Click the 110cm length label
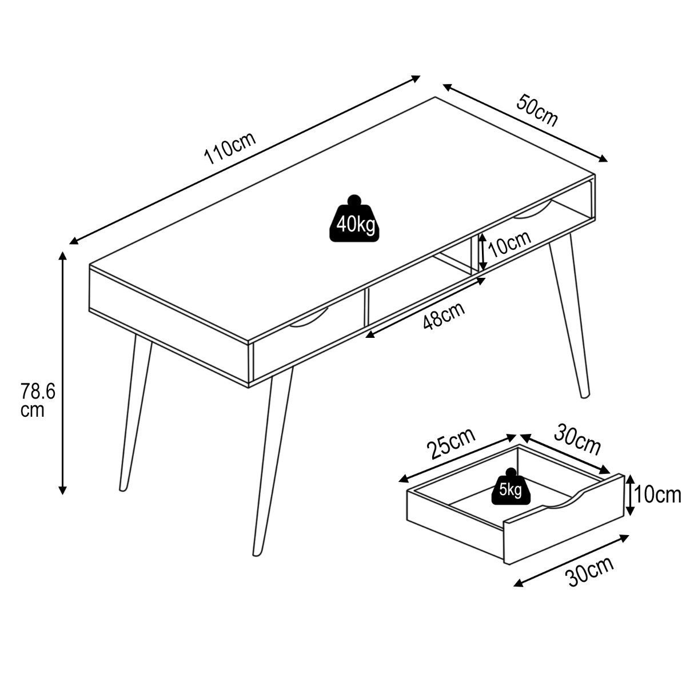pos(230,148)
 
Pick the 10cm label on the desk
pos(510,245)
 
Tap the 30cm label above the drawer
pos(577,440)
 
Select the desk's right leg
pos(569,316)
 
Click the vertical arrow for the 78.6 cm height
pos(63,373)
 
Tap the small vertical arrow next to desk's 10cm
pos(482,252)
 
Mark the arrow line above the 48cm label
pos(426,308)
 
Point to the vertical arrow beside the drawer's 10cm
pos(630,495)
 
